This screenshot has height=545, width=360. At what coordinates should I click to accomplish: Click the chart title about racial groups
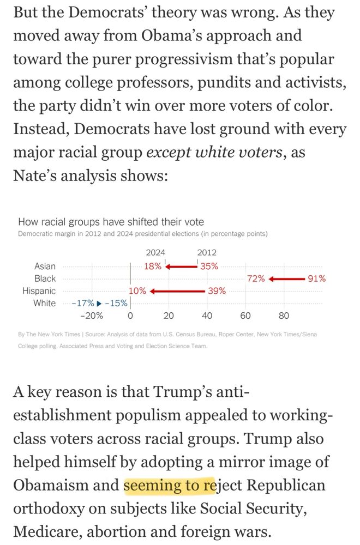pos(111,222)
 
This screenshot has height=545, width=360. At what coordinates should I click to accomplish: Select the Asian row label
pos(45,266)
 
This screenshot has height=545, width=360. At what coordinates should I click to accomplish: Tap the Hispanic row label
pos(39,291)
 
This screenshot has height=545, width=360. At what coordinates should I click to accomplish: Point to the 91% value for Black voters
pos(316,278)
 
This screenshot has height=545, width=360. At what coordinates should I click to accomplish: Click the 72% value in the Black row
pos(256,278)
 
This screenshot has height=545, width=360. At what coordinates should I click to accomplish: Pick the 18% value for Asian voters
pos(153,267)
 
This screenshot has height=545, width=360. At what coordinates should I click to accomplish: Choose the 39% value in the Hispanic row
pos(217,291)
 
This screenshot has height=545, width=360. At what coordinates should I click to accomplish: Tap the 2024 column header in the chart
pos(155,252)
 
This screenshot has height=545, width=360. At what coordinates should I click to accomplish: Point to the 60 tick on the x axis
pos(245,316)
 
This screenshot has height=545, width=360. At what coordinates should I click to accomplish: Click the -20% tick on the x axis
pos(91,316)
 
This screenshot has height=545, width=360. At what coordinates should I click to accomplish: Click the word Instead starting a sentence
pos(41,129)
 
